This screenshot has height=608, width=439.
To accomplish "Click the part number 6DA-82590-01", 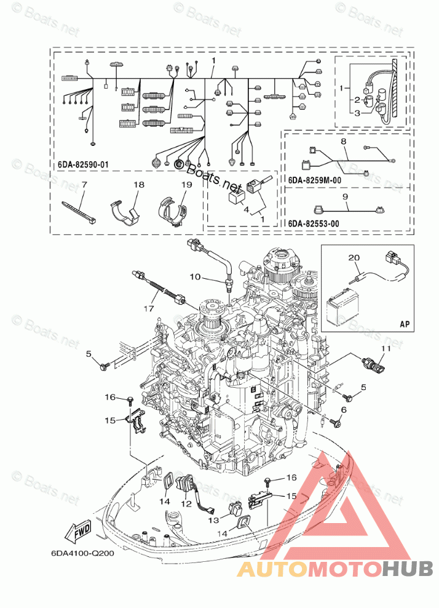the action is coord(84,165).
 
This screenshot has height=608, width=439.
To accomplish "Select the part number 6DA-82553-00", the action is coord(314,223).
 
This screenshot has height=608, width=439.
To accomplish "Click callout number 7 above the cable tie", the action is coord(84,185).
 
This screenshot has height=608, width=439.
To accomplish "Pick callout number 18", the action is coord(139,185).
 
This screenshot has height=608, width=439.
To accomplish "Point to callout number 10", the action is coord(195,277).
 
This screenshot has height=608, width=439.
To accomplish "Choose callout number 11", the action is coord(384,349).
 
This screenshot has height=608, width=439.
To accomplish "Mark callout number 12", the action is coord(183,504).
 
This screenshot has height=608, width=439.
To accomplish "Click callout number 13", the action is coord(213,519).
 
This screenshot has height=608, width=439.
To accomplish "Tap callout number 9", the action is coord(345,197).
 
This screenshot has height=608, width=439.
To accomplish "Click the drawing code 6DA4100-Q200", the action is coord(82,553).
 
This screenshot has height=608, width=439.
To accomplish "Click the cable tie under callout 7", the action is coord(79,209).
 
